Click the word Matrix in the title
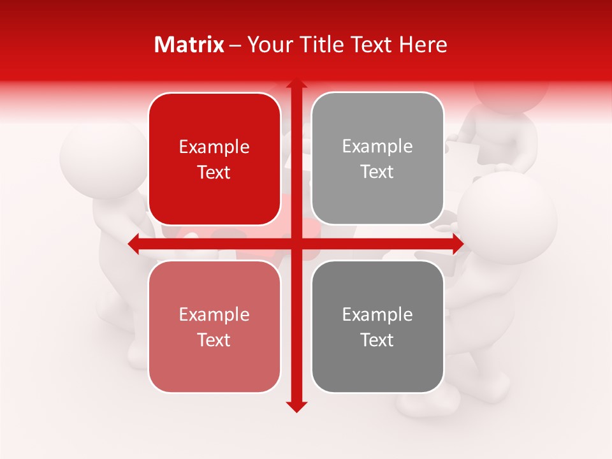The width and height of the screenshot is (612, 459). (189, 45)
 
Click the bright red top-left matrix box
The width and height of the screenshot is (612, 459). (214, 159)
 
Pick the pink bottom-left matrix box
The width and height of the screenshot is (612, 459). (214, 326)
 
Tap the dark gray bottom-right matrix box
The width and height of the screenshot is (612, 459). (377, 326)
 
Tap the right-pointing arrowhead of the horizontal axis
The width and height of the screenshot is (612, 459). (457, 244)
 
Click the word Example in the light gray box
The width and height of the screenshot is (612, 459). (377, 147)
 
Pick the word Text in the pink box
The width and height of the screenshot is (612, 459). (214, 340)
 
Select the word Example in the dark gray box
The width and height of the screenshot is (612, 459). (377, 314)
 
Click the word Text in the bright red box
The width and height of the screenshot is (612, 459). (214, 173)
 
